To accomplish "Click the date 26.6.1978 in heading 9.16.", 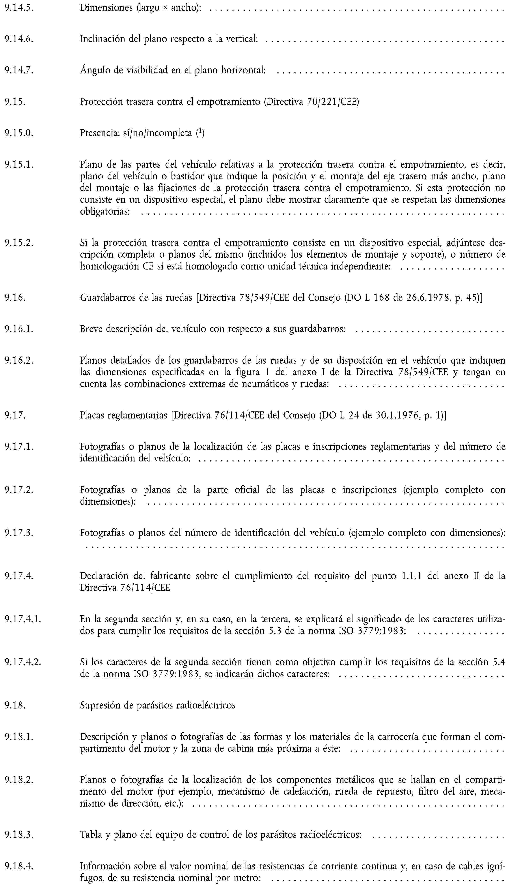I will click(423, 298).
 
